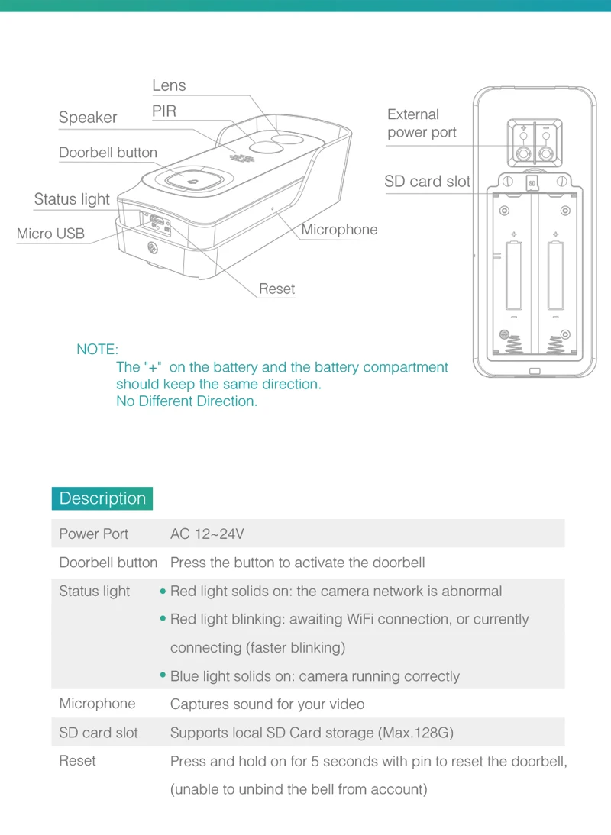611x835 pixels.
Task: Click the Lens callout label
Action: point(169,85)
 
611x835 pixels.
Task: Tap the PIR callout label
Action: point(164,111)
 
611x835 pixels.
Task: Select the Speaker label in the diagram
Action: point(88,118)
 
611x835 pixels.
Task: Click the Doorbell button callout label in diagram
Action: point(108,153)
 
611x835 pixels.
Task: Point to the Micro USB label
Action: point(50,234)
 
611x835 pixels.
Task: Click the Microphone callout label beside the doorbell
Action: point(339,230)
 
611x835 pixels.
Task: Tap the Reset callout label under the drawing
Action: point(276,289)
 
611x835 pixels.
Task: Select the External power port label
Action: point(422,124)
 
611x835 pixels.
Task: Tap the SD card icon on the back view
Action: point(532,182)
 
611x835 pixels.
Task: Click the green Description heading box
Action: point(102,498)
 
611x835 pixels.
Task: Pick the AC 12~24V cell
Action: point(207,534)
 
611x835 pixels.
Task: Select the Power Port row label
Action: point(94,534)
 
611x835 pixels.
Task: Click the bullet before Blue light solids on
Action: point(163,676)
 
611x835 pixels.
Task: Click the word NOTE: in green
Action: point(97,350)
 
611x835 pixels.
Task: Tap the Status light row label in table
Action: point(95,592)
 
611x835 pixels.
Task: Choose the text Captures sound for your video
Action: point(267,704)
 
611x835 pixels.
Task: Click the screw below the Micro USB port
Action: point(153,248)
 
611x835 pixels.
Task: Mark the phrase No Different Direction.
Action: point(186,401)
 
